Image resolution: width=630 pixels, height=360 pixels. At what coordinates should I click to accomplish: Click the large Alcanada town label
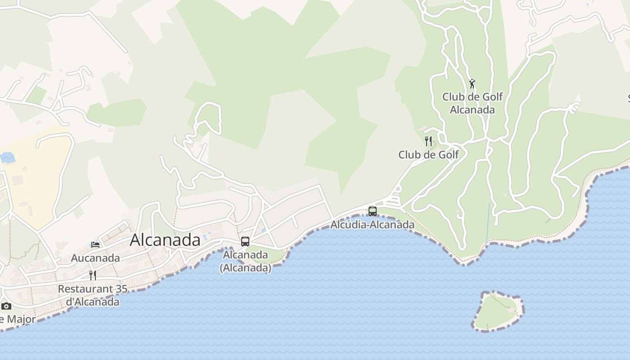(165, 240)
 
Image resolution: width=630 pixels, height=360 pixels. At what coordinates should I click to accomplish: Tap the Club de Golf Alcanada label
(472, 103)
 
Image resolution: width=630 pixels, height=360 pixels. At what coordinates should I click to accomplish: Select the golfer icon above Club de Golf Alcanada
(472, 84)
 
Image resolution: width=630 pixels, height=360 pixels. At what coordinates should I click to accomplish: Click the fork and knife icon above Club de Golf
(428, 141)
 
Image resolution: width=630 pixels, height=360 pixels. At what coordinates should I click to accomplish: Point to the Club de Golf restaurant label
(428, 155)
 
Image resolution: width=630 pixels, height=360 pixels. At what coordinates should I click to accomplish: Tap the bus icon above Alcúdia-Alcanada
(373, 211)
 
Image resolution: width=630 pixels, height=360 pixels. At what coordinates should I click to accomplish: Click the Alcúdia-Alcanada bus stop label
(373, 224)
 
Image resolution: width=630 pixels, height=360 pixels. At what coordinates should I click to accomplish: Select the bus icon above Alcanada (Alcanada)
(245, 242)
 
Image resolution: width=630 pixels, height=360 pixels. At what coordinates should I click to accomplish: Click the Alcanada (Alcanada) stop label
(245, 261)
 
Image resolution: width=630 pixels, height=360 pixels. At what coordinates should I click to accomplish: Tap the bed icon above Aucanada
(95, 245)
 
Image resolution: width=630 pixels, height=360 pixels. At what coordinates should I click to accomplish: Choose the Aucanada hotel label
(95, 258)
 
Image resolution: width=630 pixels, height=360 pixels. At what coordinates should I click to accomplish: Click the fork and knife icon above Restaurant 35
(93, 275)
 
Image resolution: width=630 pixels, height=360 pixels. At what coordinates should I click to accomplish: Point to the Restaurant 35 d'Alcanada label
(93, 295)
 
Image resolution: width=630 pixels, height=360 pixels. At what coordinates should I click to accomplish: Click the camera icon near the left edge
(6, 306)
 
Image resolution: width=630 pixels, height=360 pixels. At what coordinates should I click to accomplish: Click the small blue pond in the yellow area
(8, 158)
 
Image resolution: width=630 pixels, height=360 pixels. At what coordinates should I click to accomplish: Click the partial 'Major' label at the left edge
(18, 319)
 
